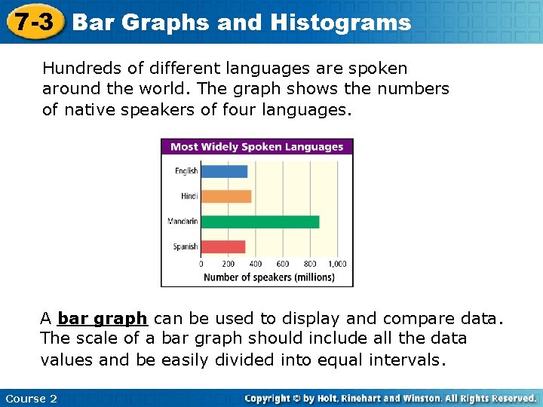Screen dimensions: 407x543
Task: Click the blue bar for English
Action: click(x=224, y=171)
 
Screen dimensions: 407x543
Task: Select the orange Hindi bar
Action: click(x=226, y=196)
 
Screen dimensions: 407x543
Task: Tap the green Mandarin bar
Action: click(x=260, y=222)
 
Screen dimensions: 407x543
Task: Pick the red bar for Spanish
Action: click(x=223, y=246)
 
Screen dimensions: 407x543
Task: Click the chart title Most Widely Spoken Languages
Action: click(x=257, y=147)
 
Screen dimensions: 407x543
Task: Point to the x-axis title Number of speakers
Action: click(x=268, y=277)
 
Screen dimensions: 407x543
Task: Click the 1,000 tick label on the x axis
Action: click(x=336, y=264)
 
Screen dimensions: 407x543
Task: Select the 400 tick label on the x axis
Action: click(x=256, y=264)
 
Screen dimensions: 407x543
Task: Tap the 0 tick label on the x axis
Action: click(x=201, y=264)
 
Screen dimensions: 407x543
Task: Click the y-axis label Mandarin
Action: click(x=183, y=222)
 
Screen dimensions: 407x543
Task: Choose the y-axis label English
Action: click(x=186, y=171)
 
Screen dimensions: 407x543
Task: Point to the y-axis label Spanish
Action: click(x=186, y=246)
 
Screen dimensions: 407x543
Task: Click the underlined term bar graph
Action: click(x=103, y=318)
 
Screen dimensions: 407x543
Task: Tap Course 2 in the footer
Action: click(x=31, y=398)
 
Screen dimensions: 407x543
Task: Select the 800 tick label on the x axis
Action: click(x=310, y=264)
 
